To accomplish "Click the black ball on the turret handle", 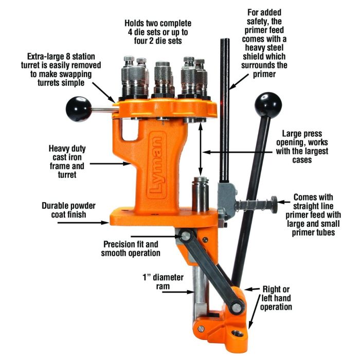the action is pyautogui.click(x=78, y=109).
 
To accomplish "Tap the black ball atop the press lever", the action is pyautogui.click(x=268, y=105).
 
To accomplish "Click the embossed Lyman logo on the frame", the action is pyautogui.click(x=157, y=165).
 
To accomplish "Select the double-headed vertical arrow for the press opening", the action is pyautogui.click(x=201, y=150).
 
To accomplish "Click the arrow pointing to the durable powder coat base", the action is pyautogui.click(x=83, y=223).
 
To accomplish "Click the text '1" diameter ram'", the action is pyautogui.click(x=163, y=282).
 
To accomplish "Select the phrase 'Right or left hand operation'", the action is pyautogui.click(x=276, y=298).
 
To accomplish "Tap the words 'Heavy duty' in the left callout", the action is pyautogui.click(x=67, y=149).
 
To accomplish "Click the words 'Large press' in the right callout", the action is pyautogui.click(x=302, y=133).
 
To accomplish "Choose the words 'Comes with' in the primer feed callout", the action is pyautogui.click(x=313, y=197).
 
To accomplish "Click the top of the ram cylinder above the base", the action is pyautogui.click(x=201, y=179).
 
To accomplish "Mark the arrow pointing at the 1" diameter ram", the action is pyautogui.click(x=178, y=292).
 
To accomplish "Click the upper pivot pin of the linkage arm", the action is pyautogui.click(x=186, y=236).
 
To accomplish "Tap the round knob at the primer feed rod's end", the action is pyautogui.click(x=274, y=204).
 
